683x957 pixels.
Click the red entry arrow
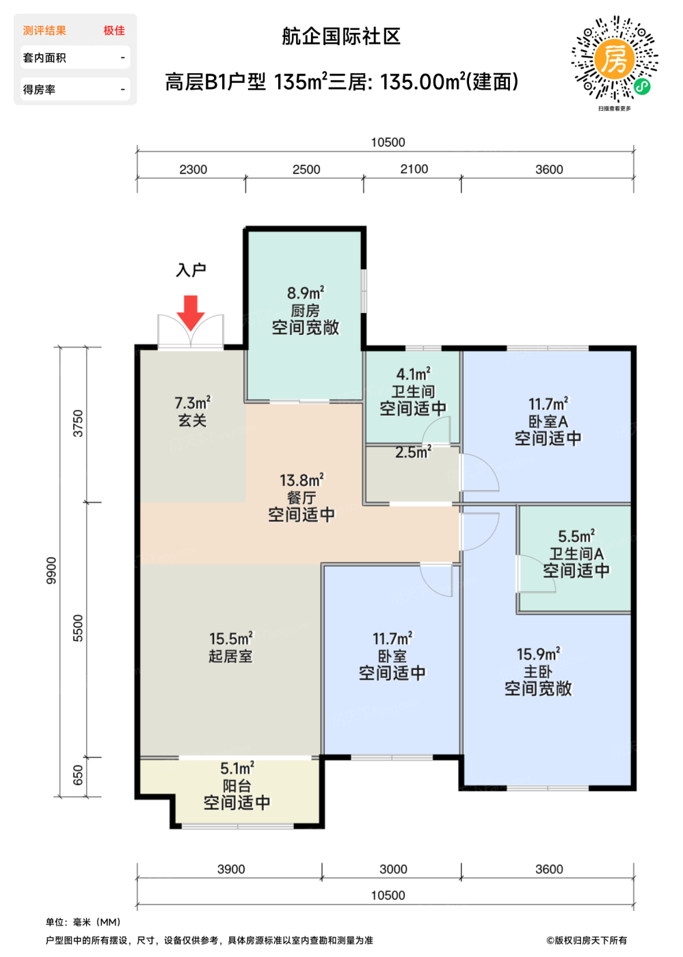[x=191, y=312]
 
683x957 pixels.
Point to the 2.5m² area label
[x=413, y=452]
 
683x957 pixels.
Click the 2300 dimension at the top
[x=193, y=170]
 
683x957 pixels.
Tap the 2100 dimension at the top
[x=414, y=170]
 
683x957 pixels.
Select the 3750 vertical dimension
[x=78, y=423]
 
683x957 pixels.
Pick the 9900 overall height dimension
[x=51, y=570]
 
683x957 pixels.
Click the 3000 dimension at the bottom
[x=393, y=869]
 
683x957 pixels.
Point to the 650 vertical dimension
[x=78, y=775]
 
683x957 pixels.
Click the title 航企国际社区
[x=341, y=36]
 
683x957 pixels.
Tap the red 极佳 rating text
[x=114, y=30]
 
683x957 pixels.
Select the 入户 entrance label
[x=191, y=270]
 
